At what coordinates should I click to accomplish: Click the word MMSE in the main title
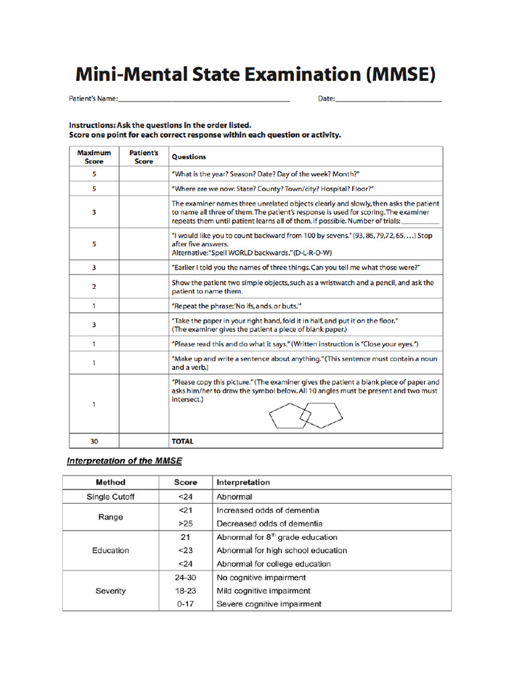(x=400, y=74)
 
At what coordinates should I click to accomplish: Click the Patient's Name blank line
(x=203, y=100)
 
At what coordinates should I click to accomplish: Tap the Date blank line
(x=388, y=100)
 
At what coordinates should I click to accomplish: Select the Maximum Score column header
(x=94, y=157)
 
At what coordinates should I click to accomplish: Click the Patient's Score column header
(x=143, y=157)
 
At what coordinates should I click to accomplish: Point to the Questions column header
(x=189, y=157)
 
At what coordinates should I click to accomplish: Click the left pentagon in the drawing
(x=287, y=417)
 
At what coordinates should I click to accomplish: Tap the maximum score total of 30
(x=94, y=442)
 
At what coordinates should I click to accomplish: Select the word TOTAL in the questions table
(x=183, y=442)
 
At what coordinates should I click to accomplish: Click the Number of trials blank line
(x=421, y=221)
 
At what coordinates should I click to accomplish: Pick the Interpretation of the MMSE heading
(x=124, y=461)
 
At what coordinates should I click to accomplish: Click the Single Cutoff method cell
(x=110, y=497)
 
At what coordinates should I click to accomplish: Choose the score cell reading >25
(x=185, y=524)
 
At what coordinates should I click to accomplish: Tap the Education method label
(x=110, y=551)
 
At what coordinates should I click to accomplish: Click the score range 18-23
(x=185, y=591)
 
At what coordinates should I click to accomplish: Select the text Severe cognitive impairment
(x=268, y=604)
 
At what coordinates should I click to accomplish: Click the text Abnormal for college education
(x=273, y=564)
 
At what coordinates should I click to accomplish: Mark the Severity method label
(x=110, y=591)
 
